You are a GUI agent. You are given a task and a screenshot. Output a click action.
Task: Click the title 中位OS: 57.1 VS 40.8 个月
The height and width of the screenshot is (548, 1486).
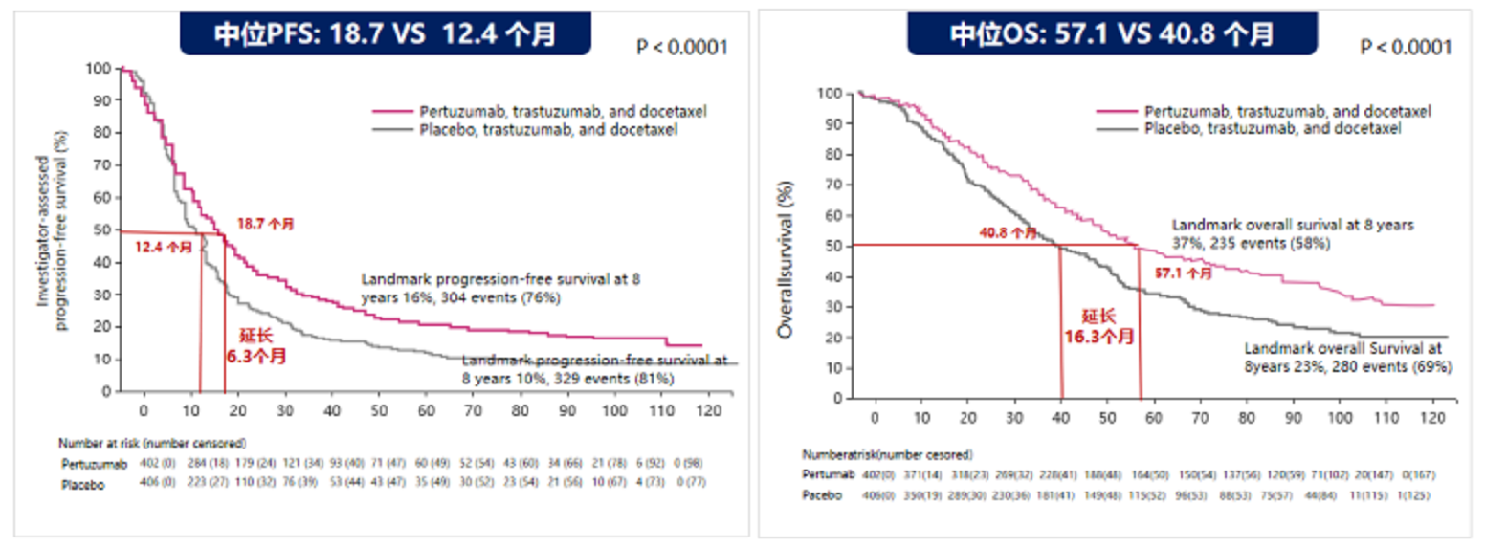(1111, 33)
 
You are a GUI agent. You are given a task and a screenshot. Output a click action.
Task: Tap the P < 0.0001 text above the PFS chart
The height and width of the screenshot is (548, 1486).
(682, 46)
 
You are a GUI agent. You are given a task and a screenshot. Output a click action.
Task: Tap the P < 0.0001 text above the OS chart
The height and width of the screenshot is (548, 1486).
(1406, 46)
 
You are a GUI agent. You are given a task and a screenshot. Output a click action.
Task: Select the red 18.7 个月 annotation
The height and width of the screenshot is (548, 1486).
(266, 223)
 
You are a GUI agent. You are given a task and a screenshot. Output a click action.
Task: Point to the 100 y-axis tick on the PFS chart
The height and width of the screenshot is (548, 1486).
(98, 69)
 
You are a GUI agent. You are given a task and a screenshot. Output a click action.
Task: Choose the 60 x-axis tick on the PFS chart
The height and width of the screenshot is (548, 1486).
(426, 410)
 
